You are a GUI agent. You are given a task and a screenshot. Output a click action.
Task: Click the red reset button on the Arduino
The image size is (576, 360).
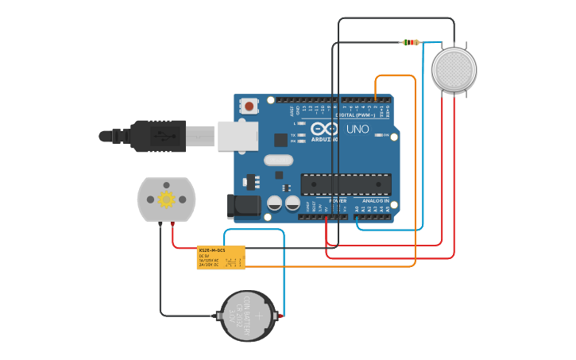(x=249, y=106)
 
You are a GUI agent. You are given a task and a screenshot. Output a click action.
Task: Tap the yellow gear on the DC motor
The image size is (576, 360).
(x=166, y=199)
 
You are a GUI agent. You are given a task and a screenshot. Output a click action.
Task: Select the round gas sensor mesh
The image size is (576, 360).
(x=454, y=70)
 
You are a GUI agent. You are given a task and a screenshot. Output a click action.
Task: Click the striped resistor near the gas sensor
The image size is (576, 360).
(x=410, y=42)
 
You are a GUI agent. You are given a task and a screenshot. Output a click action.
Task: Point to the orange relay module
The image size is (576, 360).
(x=221, y=257)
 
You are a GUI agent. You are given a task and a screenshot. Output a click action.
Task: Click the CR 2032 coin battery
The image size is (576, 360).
(x=247, y=316)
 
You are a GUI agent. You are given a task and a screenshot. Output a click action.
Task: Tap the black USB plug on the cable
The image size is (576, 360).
(x=159, y=136)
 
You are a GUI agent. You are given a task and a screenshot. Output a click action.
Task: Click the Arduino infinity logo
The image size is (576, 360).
(x=323, y=129)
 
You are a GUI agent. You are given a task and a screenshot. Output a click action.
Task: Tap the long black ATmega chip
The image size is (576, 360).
(x=346, y=184)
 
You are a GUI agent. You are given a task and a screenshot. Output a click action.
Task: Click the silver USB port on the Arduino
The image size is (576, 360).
(x=236, y=136)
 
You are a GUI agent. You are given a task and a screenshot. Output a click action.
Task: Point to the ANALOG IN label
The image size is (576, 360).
(x=375, y=201)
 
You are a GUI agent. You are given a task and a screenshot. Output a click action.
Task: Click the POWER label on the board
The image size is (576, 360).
(x=338, y=201)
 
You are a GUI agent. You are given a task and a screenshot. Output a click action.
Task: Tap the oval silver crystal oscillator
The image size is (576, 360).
(x=278, y=160)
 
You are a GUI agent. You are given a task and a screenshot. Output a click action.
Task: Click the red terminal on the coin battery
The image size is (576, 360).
(x=280, y=316)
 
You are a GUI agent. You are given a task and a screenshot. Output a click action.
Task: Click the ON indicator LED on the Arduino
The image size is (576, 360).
(x=379, y=135)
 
